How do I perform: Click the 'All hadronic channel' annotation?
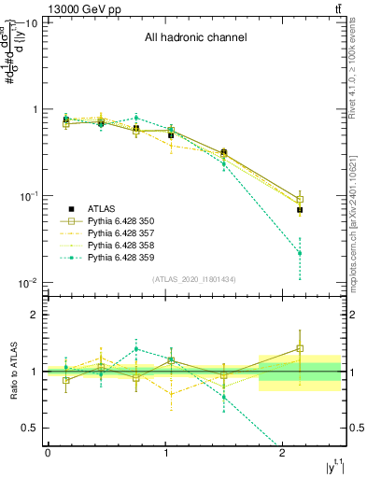pos(195,38)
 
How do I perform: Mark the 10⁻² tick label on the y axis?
pos(27,283)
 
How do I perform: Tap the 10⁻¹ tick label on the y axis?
pos(27,196)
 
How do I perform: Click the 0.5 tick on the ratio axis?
pos(29,428)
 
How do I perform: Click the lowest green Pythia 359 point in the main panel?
pos(300,253)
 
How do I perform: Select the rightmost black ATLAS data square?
pos(300,210)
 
